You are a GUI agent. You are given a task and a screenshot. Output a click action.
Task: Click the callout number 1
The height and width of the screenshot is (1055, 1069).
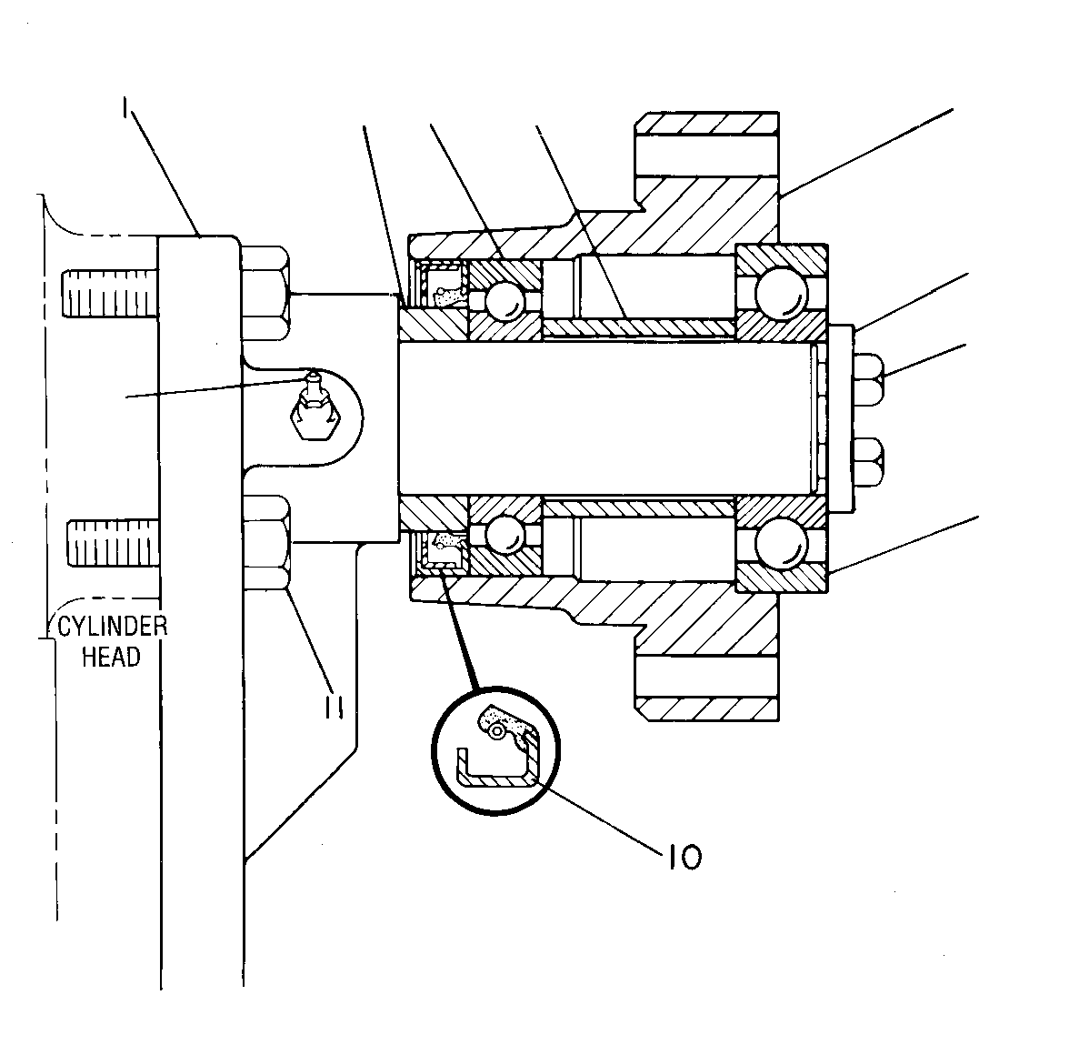pyautogui.click(x=125, y=106)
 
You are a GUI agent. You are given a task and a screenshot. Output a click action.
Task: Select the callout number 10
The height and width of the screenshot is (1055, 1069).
pyautogui.click(x=684, y=858)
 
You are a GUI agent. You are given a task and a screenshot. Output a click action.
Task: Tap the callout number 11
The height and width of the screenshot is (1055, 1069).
pyautogui.click(x=334, y=707)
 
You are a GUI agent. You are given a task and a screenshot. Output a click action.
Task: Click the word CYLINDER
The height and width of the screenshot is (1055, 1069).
pyautogui.click(x=113, y=626)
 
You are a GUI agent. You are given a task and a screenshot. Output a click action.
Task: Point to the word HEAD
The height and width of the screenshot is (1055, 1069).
pyautogui.click(x=111, y=657)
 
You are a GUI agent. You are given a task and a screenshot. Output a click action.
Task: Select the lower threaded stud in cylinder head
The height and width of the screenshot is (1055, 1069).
pyautogui.click(x=114, y=543)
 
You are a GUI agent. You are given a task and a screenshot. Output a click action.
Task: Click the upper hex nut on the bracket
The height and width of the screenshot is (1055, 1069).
pyautogui.click(x=265, y=293)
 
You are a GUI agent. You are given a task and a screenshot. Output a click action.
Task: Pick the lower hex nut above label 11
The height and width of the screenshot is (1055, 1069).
pyautogui.click(x=266, y=543)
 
